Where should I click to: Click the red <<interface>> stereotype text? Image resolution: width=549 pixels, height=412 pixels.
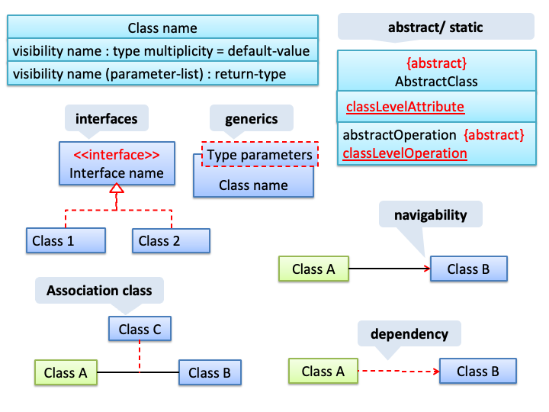pyautogui.click(x=117, y=154)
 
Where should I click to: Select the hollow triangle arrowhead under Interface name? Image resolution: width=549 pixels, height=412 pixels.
pyautogui.click(x=117, y=188)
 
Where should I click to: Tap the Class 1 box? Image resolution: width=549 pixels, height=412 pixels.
pyautogui.click(x=66, y=240)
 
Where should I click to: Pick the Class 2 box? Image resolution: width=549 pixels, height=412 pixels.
pyautogui.click(x=172, y=240)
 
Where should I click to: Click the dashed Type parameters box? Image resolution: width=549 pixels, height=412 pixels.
pyautogui.click(x=260, y=154)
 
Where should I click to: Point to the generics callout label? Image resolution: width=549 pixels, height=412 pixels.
pyautogui.click(x=252, y=119)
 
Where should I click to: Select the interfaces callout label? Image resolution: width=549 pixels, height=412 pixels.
pyautogui.click(x=107, y=119)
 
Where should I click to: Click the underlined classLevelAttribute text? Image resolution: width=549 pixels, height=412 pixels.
pyautogui.click(x=405, y=107)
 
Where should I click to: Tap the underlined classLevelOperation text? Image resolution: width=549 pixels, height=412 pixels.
pyautogui.click(x=405, y=153)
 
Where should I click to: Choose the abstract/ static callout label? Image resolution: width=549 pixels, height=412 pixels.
pyautogui.click(x=436, y=27)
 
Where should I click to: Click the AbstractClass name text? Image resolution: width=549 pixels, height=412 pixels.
pyautogui.click(x=436, y=82)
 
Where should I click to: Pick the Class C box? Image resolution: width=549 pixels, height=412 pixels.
pyautogui.click(x=140, y=329)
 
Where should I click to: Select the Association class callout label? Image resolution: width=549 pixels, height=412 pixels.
pyautogui.click(x=99, y=291)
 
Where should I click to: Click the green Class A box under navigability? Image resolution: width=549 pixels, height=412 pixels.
pyautogui.click(x=313, y=269)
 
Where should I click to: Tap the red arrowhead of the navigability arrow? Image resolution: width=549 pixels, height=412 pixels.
pyautogui.click(x=427, y=269)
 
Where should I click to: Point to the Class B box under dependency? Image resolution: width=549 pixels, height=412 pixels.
pyautogui.click(x=478, y=371)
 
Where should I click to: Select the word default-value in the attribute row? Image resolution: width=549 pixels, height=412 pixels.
pyautogui.click(x=268, y=51)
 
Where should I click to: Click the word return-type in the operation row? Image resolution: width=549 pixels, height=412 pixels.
pyautogui.click(x=250, y=74)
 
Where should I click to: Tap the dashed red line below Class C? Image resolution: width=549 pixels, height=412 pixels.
pyautogui.click(x=140, y=356)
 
